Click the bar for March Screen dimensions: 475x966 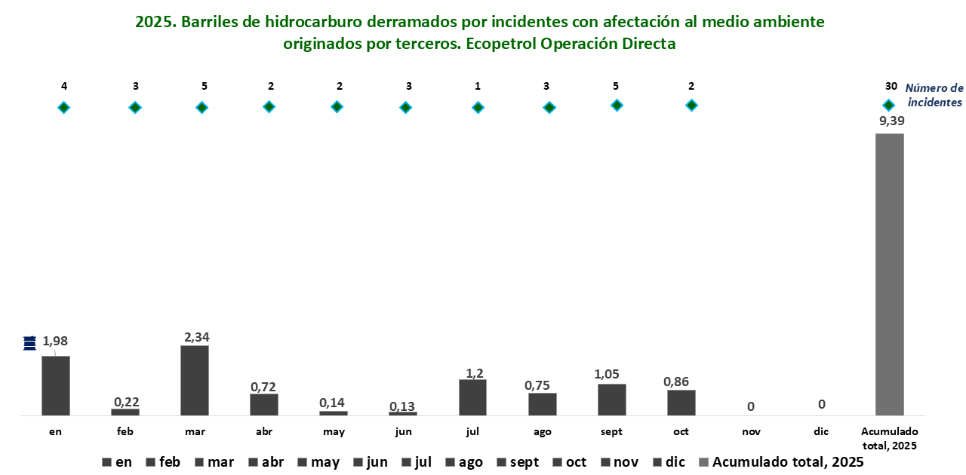click(x=195, y=381)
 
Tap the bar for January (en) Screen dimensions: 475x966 click(x=56, y=385)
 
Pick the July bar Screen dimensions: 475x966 click(x=472, y=397)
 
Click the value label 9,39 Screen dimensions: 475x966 click(x=891, y=120)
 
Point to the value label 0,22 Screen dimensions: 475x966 click(x=125, y=401)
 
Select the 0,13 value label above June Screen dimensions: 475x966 click(x=403, y=406)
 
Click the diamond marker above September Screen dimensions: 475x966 click(x=617, y=106)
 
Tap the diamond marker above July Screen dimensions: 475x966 click(x=478, y=108)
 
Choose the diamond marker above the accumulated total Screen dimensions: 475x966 click(x=889, y=105)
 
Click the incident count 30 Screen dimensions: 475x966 click(x=891, y=86)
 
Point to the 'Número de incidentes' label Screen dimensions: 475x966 click(x=934, y=95)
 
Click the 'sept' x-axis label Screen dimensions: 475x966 click(x=612, y=432)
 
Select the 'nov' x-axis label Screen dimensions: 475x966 click(x=750, y=432)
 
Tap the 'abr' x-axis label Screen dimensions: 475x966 click(x=264, y=432)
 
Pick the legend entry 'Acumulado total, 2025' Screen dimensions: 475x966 click(x=781, y=462)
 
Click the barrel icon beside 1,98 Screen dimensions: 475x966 click(x=29, y=342)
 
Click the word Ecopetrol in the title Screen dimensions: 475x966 click(x=501, y=44)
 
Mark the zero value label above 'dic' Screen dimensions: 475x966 click(x=821, y=405)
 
